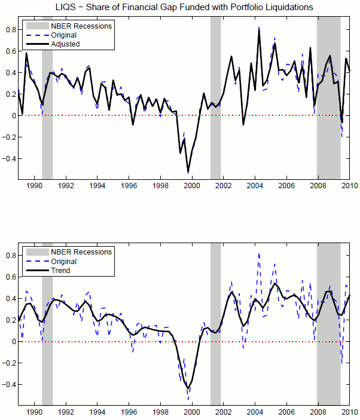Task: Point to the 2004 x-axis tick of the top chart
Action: [x=255, y=185]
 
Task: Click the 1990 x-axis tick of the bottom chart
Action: [x=34, y=412]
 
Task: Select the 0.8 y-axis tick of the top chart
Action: [x=10, y=29]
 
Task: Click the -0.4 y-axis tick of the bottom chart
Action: [x=8, y=385]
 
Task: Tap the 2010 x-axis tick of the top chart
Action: [x=349, y=185]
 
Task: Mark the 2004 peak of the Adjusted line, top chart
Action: [x=259, y=29]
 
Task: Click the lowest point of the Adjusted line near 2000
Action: [x=188, y=171]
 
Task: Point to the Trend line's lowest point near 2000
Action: [x=188, y=388]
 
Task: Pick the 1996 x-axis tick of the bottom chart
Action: [x=129, y=412]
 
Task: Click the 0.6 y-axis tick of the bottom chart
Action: [x=10, y=277]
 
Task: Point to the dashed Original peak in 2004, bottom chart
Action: [x=259, y=253]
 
